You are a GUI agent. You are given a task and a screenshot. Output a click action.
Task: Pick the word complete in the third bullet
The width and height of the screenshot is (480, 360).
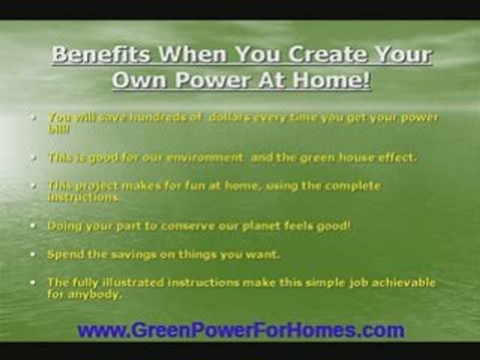(352, 186)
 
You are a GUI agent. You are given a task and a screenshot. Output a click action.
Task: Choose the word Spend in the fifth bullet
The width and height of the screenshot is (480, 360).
(62, 254)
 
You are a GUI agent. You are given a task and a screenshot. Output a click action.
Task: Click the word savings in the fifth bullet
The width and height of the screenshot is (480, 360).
(120, 254)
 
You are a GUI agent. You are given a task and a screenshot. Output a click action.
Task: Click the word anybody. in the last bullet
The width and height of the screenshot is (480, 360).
(85, 294)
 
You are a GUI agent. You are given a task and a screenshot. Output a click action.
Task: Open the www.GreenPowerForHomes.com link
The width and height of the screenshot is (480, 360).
(240, 330)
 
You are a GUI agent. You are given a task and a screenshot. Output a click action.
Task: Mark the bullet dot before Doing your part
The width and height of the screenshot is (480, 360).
(33, 226)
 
